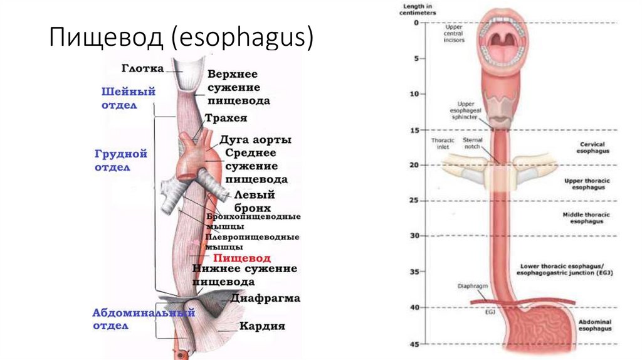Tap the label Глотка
(x=142, y=68)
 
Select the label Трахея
(x=226, y=117)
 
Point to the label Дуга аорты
(x=255, y=139)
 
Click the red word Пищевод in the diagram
(x=241, y=258)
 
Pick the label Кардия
(x=262, y=326)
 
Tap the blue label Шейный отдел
(x=129, y=98)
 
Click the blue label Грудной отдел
(x=122, y=159)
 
